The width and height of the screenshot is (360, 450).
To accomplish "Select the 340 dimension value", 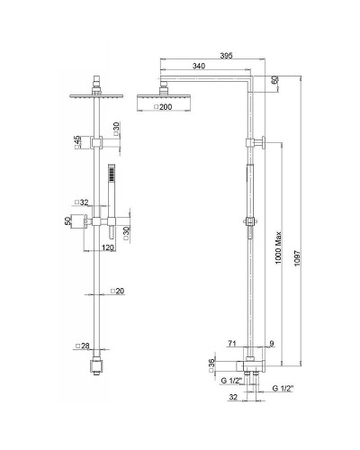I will click(199, 67).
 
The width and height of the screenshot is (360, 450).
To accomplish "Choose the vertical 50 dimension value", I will click(67, 220).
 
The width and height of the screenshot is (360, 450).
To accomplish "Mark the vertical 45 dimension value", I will click(77, 140).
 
